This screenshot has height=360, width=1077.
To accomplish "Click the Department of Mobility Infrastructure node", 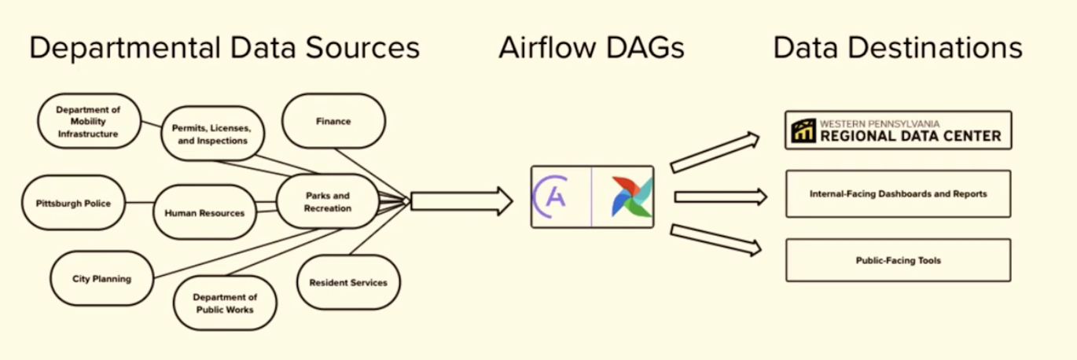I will tap(88, 122).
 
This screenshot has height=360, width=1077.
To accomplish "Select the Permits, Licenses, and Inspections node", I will tap(212, 134).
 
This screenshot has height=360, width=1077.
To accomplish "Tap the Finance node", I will tap(333, 122).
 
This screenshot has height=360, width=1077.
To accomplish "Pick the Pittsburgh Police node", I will tap(73, 204).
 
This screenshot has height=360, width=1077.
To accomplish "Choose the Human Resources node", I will tap(204, 213).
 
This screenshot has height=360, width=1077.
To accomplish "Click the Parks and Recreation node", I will tap(329, 203).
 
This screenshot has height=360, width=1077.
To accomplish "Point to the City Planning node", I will tap(101, 279).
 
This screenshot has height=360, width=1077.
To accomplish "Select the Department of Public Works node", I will tap(225, 303).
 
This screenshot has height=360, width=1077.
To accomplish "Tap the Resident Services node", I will tap(348, 282).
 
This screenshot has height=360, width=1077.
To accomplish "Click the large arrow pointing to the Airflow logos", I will tap(461, 201).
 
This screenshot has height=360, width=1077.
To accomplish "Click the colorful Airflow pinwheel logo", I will tap(631, 197).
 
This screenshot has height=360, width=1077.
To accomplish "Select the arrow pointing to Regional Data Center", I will tap(714, 152).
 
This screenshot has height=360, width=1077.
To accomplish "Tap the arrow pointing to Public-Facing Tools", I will tap(715, 240).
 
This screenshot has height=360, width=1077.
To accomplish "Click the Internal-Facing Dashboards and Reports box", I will tap(898, 193).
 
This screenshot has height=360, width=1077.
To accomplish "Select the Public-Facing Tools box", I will tap(898, 260).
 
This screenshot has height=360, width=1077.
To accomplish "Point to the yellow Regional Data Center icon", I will tap(803, 130).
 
